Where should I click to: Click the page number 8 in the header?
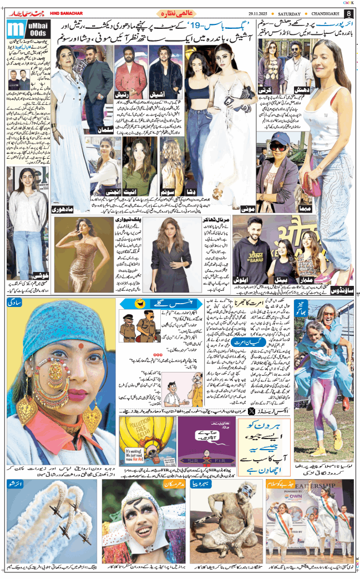pos(349,13)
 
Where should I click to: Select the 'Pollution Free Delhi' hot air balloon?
pos(144,439)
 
